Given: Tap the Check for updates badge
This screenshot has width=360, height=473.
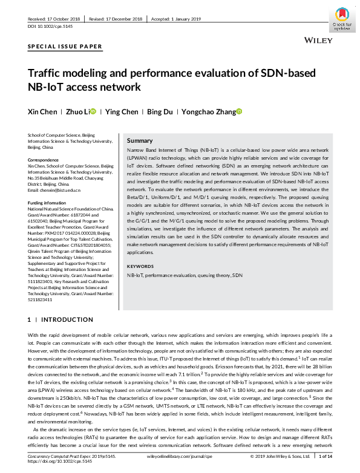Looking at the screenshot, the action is tap(342, 18).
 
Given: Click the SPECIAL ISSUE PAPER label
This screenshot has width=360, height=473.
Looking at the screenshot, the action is tap(65, 47).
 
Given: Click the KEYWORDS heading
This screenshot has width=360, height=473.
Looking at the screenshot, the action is tap(140, 266).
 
